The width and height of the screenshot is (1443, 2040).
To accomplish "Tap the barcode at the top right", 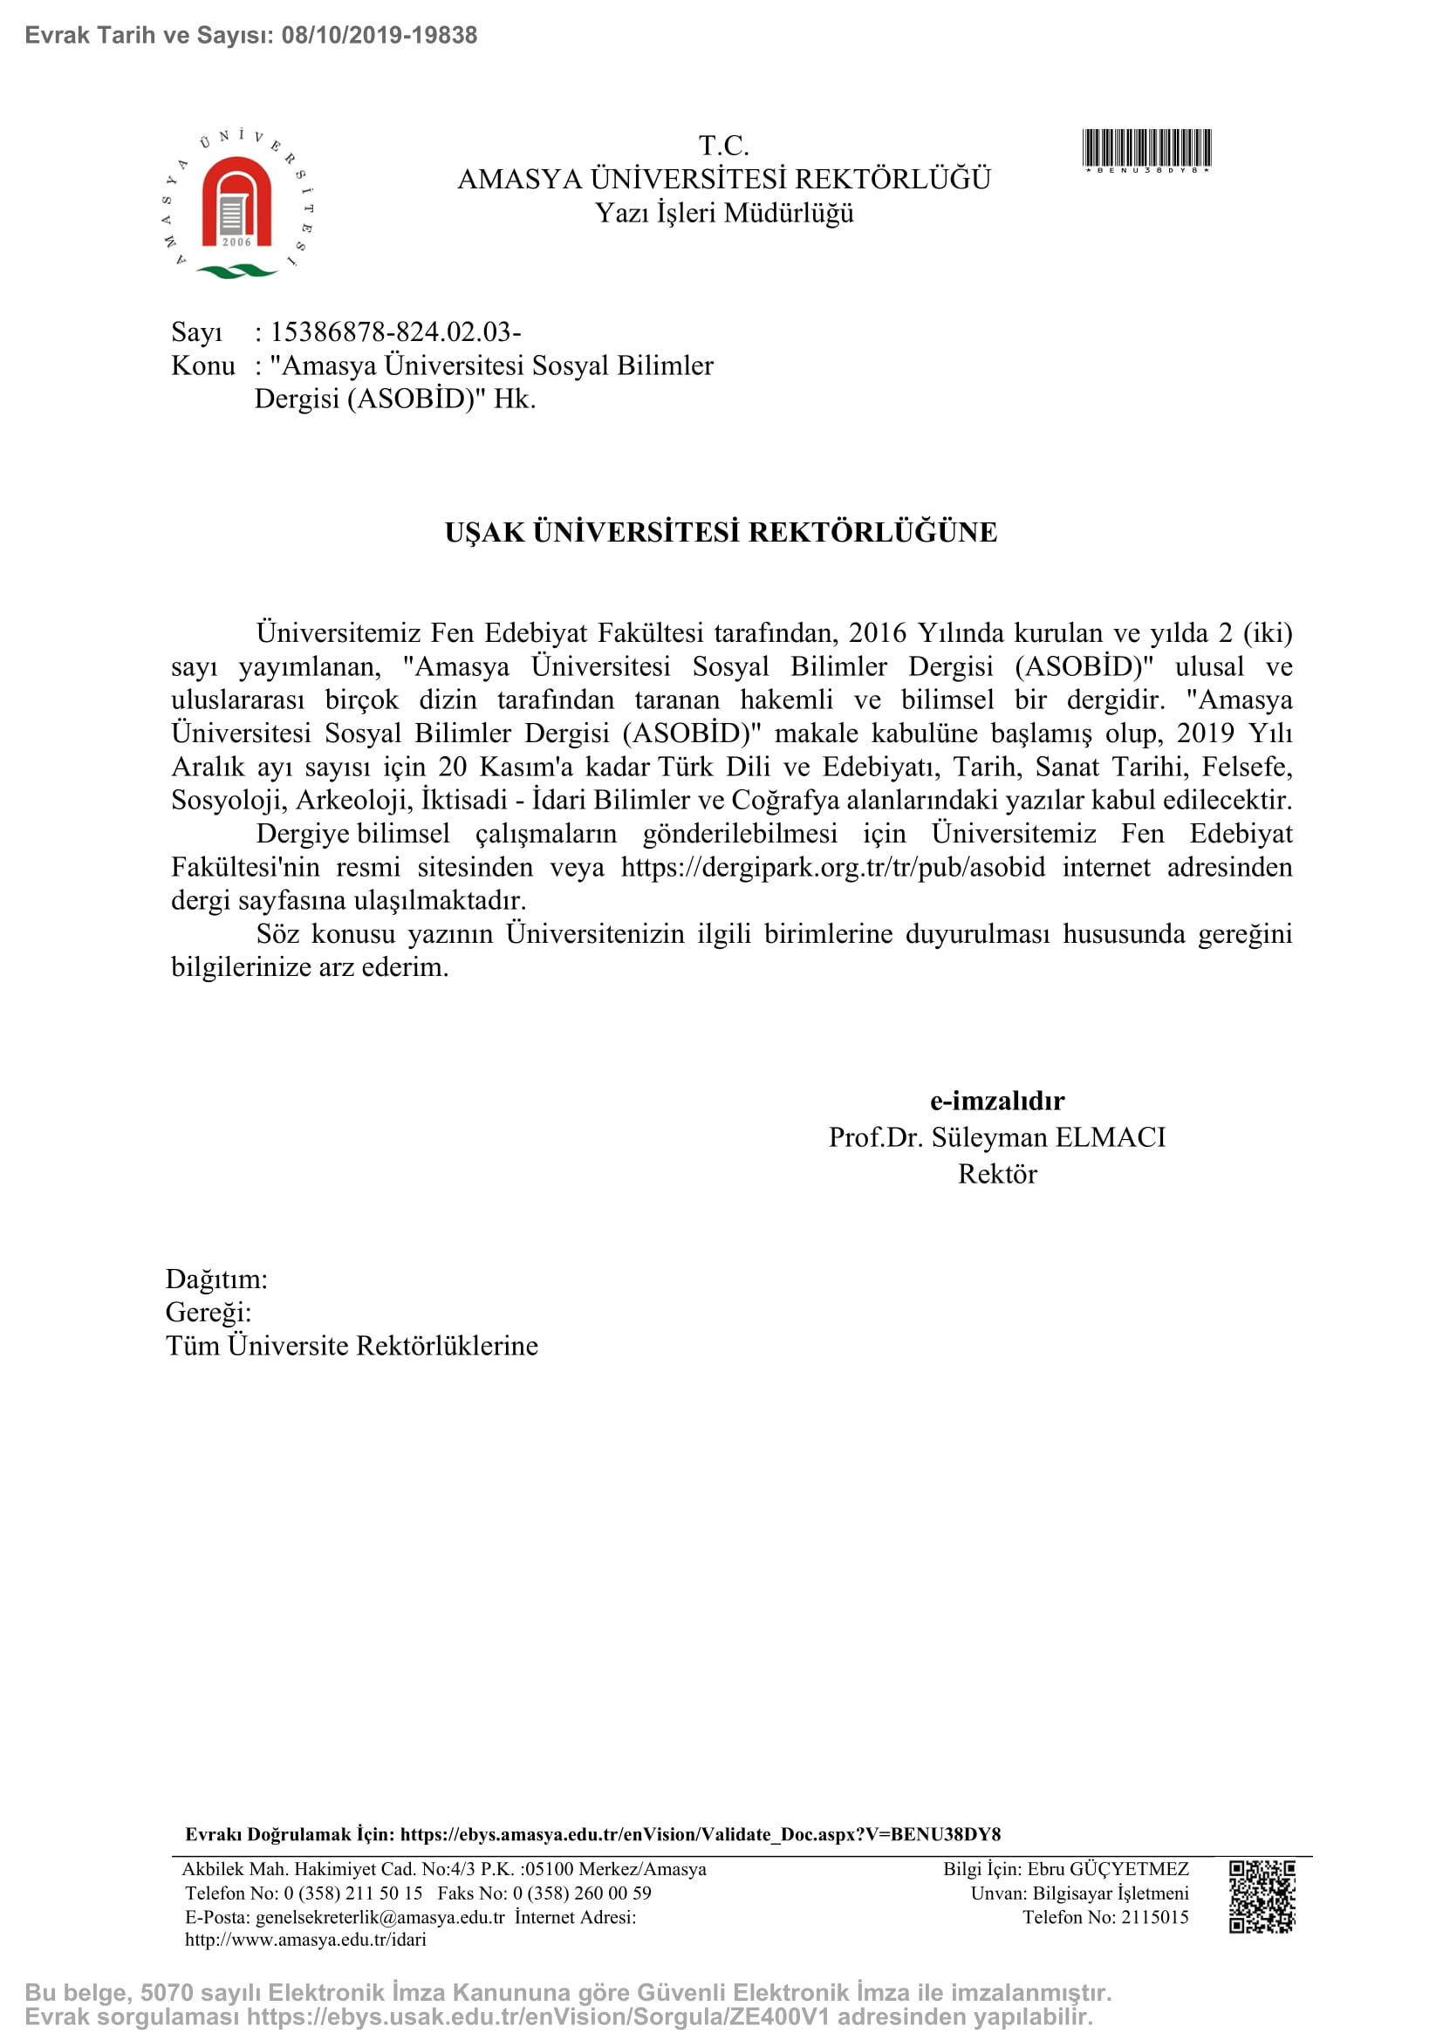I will [1146, 149].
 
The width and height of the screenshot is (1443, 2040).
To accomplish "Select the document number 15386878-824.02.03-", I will [395, 332].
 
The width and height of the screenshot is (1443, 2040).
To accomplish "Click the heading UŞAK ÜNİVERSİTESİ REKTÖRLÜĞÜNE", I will [721, 532].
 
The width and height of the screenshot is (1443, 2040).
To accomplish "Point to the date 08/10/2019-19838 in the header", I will [380, 36].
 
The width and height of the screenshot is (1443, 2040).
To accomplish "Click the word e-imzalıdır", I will [997, 1101].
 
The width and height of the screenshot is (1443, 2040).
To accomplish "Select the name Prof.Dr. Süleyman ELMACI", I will [997, 1137].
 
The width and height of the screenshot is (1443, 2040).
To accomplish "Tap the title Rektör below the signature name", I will [997, 1174].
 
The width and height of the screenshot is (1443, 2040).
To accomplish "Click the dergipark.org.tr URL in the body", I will [832, 867].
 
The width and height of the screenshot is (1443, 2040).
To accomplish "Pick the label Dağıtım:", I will [215, 1279].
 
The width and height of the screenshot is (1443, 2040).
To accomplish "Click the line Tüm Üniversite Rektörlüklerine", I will [352, 1345].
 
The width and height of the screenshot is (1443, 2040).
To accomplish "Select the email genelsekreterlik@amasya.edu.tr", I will [380, 1916].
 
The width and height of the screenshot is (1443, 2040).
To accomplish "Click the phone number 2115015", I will [1154, 1916].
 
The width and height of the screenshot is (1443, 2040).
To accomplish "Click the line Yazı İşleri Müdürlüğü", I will [724, 213].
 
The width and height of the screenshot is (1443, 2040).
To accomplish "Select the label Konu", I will [202, 366].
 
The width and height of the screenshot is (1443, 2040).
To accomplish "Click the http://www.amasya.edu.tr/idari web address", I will [305, 1940].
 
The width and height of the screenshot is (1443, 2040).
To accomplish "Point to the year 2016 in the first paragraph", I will [877, 632].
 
